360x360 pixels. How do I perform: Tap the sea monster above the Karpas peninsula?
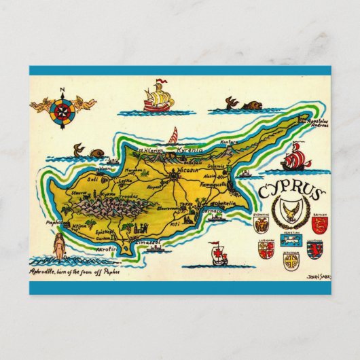248,106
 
